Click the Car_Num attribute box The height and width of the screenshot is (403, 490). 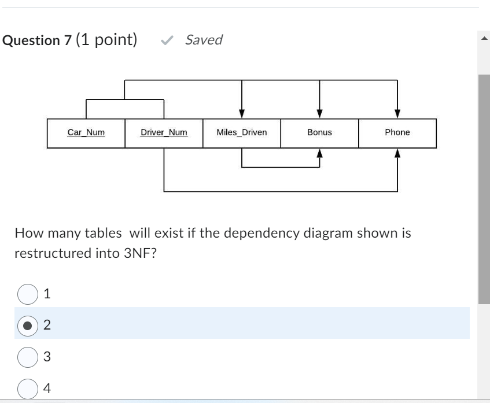[86, 133]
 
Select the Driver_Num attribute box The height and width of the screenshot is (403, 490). [164, 133]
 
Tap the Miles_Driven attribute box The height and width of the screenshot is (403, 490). [242, 133]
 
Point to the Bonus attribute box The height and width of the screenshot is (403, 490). [319, 133]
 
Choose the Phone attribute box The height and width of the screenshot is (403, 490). [397, 133]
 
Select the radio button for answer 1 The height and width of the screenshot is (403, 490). [28, 294]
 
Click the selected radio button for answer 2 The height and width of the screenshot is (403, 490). [28, 326]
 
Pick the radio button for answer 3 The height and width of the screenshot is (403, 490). [28, 357]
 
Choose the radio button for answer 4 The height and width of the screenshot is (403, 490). [28, 388]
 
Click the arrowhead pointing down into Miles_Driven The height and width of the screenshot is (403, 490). [242, 114]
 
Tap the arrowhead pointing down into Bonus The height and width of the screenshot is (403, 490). [319, 114]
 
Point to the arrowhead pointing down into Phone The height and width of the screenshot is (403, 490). [397, 114]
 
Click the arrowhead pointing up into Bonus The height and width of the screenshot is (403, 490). [319, 153]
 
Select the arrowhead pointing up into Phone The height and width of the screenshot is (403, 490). [397, 153]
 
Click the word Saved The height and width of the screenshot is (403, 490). [204, 40]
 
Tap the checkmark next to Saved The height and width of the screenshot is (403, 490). [167, 40]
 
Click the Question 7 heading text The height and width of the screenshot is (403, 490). [38, 40]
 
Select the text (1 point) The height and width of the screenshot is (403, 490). [106, 40]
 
